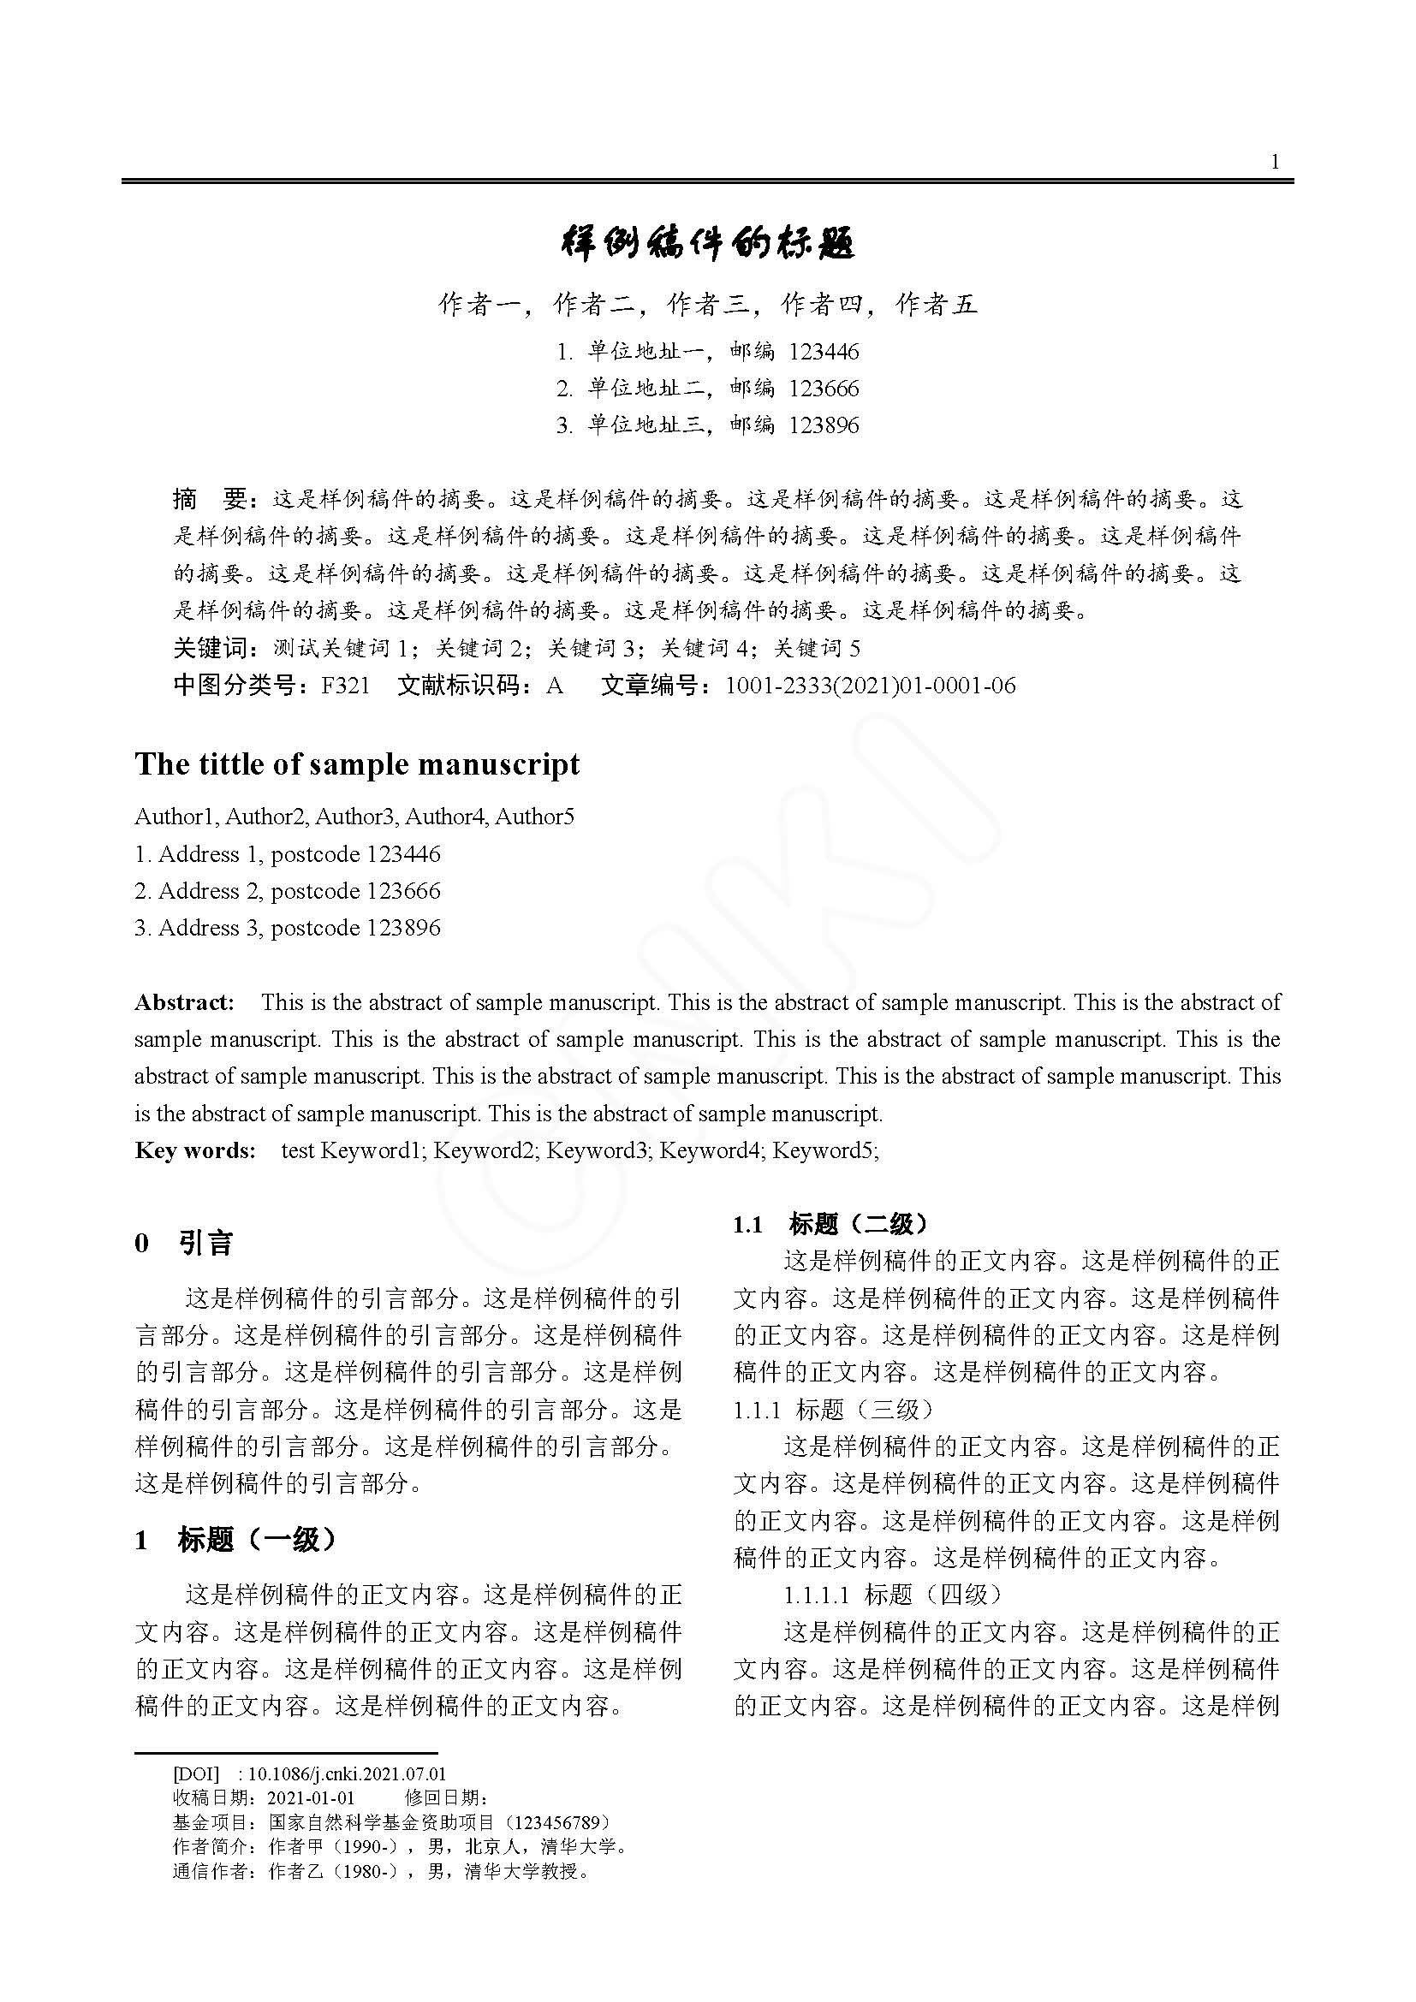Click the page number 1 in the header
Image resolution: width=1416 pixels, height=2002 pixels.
point(1275,161)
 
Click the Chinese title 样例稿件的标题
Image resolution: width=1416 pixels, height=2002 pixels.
point(707,243)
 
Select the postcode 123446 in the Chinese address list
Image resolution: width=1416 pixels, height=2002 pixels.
point(824,352)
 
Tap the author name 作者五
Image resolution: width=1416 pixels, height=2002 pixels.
point(937,304)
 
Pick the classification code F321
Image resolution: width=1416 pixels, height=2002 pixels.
point(345,686)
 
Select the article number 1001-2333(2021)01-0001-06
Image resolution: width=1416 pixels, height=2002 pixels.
point(870,686)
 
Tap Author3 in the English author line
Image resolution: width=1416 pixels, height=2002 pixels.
point(354,817)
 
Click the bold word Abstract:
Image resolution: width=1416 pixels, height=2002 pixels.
point(185,1002)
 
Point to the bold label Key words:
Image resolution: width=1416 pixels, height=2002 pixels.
point(195,1150)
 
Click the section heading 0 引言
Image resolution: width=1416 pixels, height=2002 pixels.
point(185,1243)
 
